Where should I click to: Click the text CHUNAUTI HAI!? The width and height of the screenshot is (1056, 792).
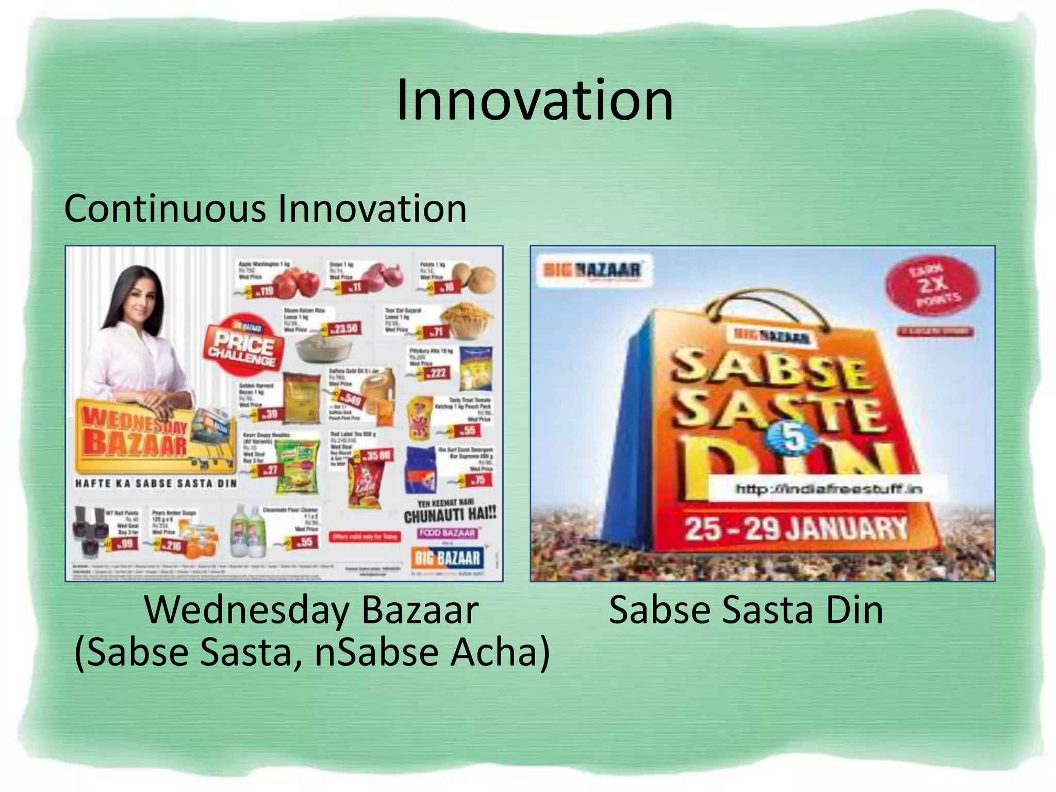(450, 515)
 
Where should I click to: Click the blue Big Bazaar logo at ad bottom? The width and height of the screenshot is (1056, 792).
(447, 558)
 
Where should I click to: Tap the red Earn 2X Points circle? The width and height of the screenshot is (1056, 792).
(933, 286)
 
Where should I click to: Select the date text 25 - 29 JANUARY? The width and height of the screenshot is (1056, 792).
(795, 529)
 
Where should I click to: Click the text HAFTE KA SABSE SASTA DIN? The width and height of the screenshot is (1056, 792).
(156, 484)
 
